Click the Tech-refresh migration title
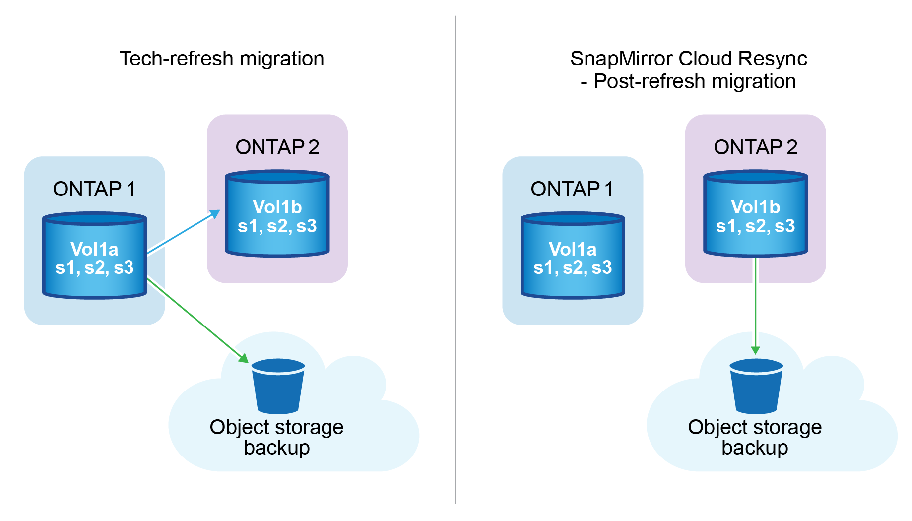pos(221,59)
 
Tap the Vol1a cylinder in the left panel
pos(94,256)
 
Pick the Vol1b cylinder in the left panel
pos(277,213)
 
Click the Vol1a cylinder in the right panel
pos(573,256)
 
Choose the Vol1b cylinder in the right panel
pos(755,213)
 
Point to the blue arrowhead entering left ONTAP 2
pos(215,214)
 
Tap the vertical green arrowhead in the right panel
pos(755,350)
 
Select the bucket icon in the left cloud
pos(278,387)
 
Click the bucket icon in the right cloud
pos(756,387)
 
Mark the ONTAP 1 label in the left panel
pos(94,189)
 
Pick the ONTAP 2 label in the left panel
pos(277,147)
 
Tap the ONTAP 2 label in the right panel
pos(755,147)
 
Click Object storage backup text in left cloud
pos(276,437)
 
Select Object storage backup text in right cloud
pos(755,437)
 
